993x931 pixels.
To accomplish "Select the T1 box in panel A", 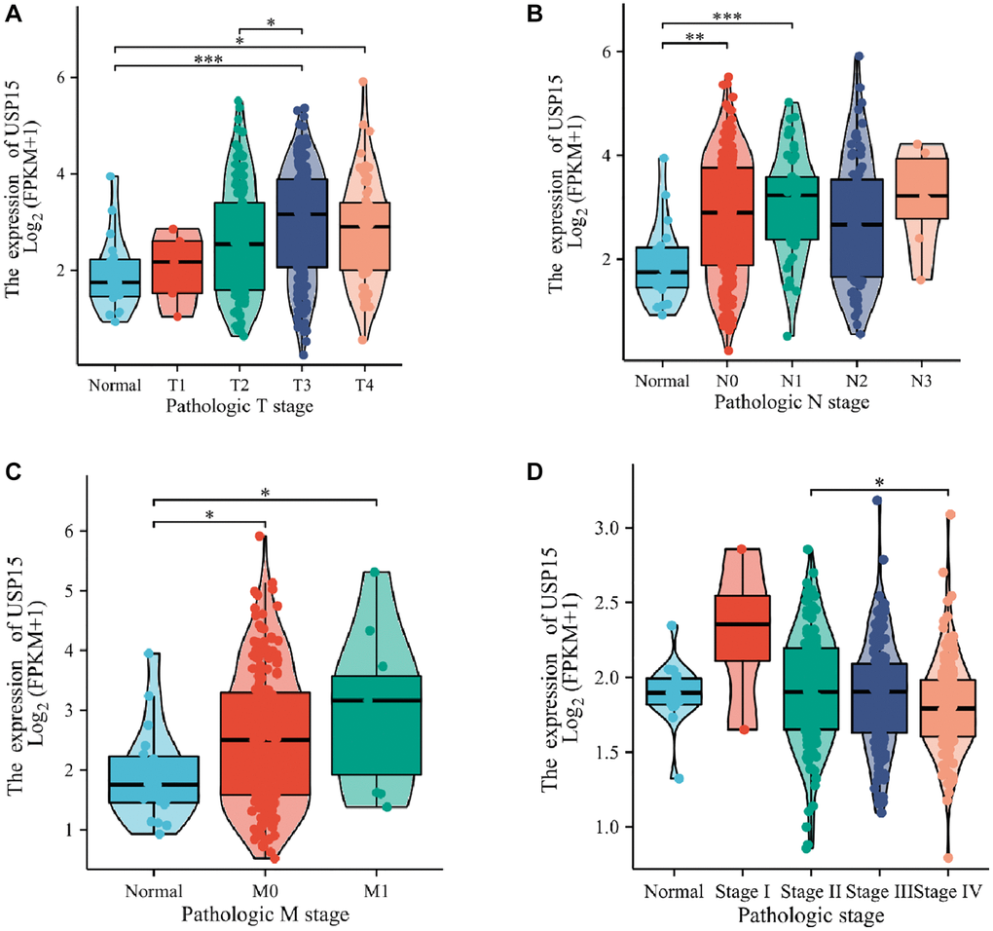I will [x=176, y=261].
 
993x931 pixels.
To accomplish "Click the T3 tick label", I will [x=302, y=384].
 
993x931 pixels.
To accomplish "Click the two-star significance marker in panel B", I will [x=694, y=36].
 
